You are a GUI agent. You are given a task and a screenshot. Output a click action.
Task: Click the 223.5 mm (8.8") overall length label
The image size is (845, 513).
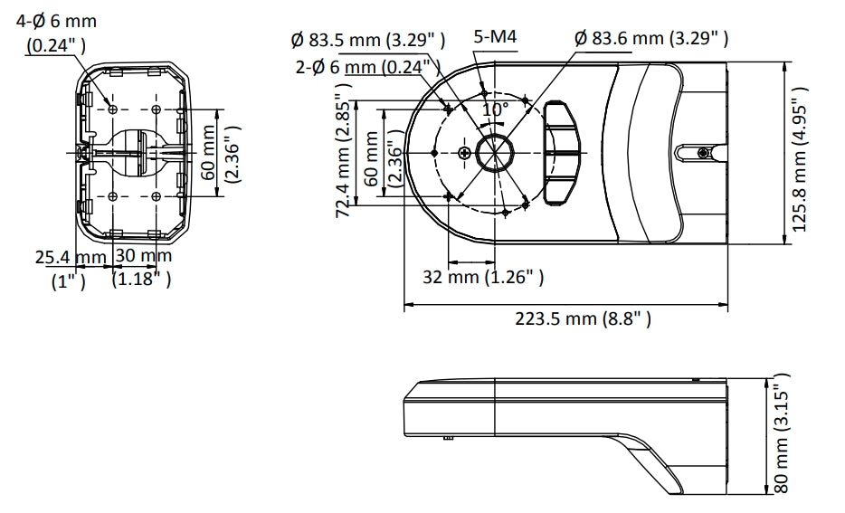coord(584,318)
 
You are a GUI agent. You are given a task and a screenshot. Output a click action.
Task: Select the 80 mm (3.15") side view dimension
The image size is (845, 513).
coord(782,432)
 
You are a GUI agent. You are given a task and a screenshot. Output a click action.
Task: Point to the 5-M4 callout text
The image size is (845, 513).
coord(495,36)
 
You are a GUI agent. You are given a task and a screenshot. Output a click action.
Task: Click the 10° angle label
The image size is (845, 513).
coord(495,110)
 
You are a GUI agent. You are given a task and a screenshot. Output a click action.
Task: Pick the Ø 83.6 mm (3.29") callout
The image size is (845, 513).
coord(651,38)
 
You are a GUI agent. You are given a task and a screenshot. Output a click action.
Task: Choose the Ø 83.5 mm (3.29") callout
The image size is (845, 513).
coord(368,40)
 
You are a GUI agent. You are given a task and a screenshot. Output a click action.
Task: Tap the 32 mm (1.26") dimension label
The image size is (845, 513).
coord(483,277)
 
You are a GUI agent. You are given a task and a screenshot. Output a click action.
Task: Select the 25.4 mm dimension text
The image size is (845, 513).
coord(71,257)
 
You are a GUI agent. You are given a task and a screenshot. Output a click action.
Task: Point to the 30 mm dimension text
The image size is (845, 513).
coord(144,255)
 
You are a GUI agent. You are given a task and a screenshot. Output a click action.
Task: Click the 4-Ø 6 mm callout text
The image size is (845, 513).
coord(57,22)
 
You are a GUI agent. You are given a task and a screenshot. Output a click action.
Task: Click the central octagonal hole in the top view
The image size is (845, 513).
coord(495,153)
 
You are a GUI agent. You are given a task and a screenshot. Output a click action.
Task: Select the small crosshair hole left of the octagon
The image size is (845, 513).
coord(464,153)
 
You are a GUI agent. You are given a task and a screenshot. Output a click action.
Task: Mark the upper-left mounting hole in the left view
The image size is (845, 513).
coord(112,109)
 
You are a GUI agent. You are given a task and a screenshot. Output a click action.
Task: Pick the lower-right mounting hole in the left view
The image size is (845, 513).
coord(157,196)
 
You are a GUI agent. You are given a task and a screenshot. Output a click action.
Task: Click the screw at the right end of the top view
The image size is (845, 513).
coord(703,153)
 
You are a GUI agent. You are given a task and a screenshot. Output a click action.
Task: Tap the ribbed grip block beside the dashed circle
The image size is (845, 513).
coord(561,153)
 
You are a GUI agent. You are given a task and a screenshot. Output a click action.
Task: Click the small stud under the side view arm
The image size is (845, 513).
coord(448,438)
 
